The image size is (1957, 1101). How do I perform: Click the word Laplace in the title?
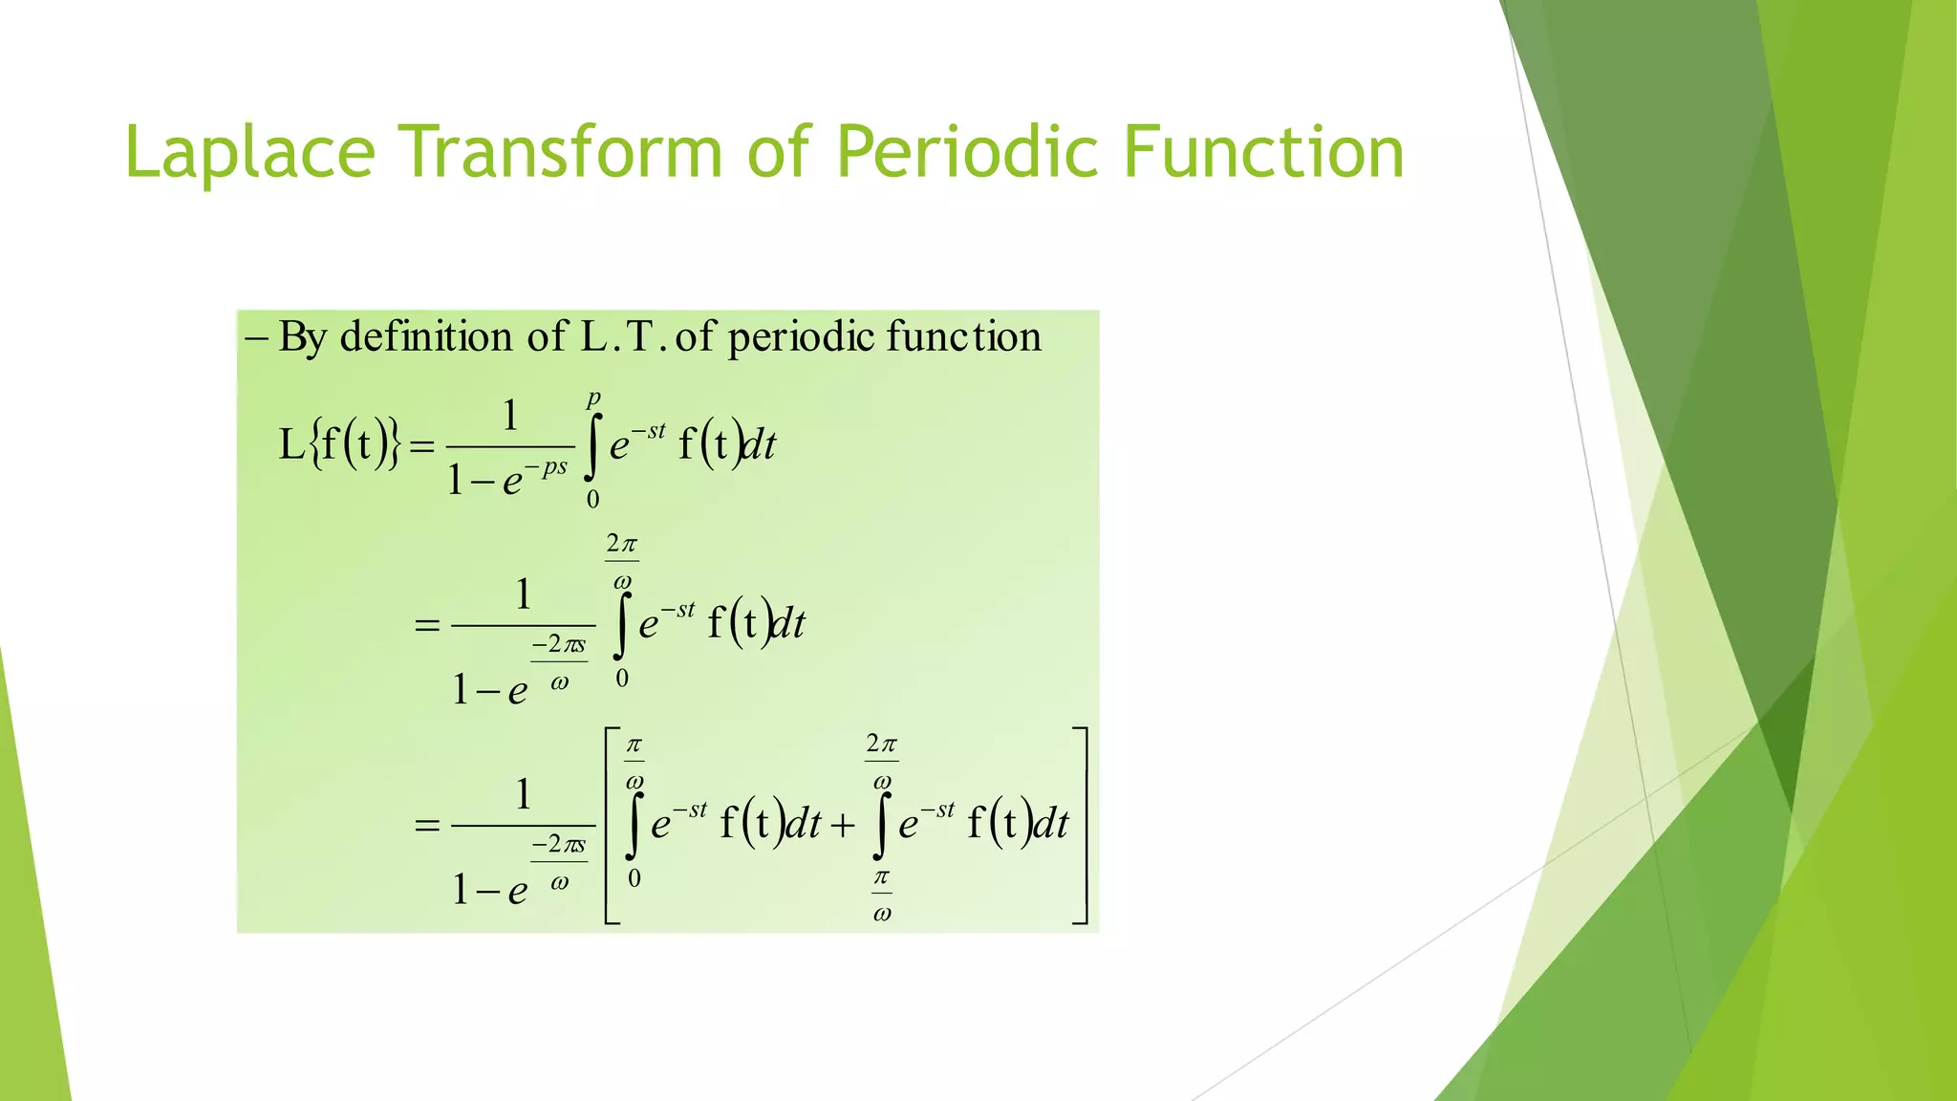tap(249, 153)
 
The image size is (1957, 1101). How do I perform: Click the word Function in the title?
tap(1263, 153)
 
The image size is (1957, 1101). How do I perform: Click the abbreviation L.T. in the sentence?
tap(622, 337)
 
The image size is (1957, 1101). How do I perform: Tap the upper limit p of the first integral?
tap(593, 398)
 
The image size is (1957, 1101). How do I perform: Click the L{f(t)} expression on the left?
tap(339, 444)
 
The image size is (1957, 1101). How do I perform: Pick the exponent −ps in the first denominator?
tap(548, 467)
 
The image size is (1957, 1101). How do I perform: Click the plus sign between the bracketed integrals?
tap(842, 825)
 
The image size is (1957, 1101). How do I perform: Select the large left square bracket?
tap(612, 826)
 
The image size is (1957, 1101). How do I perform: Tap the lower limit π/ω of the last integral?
tap(882, 895)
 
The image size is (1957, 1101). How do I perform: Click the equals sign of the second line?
tap(427, 627)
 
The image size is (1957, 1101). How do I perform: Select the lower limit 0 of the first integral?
tap(593, 499)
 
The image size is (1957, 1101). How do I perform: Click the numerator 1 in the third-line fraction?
tap(523, 794)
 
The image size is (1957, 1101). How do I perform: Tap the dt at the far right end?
tap(1051, 825)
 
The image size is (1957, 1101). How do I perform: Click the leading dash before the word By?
tap(256, 337)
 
